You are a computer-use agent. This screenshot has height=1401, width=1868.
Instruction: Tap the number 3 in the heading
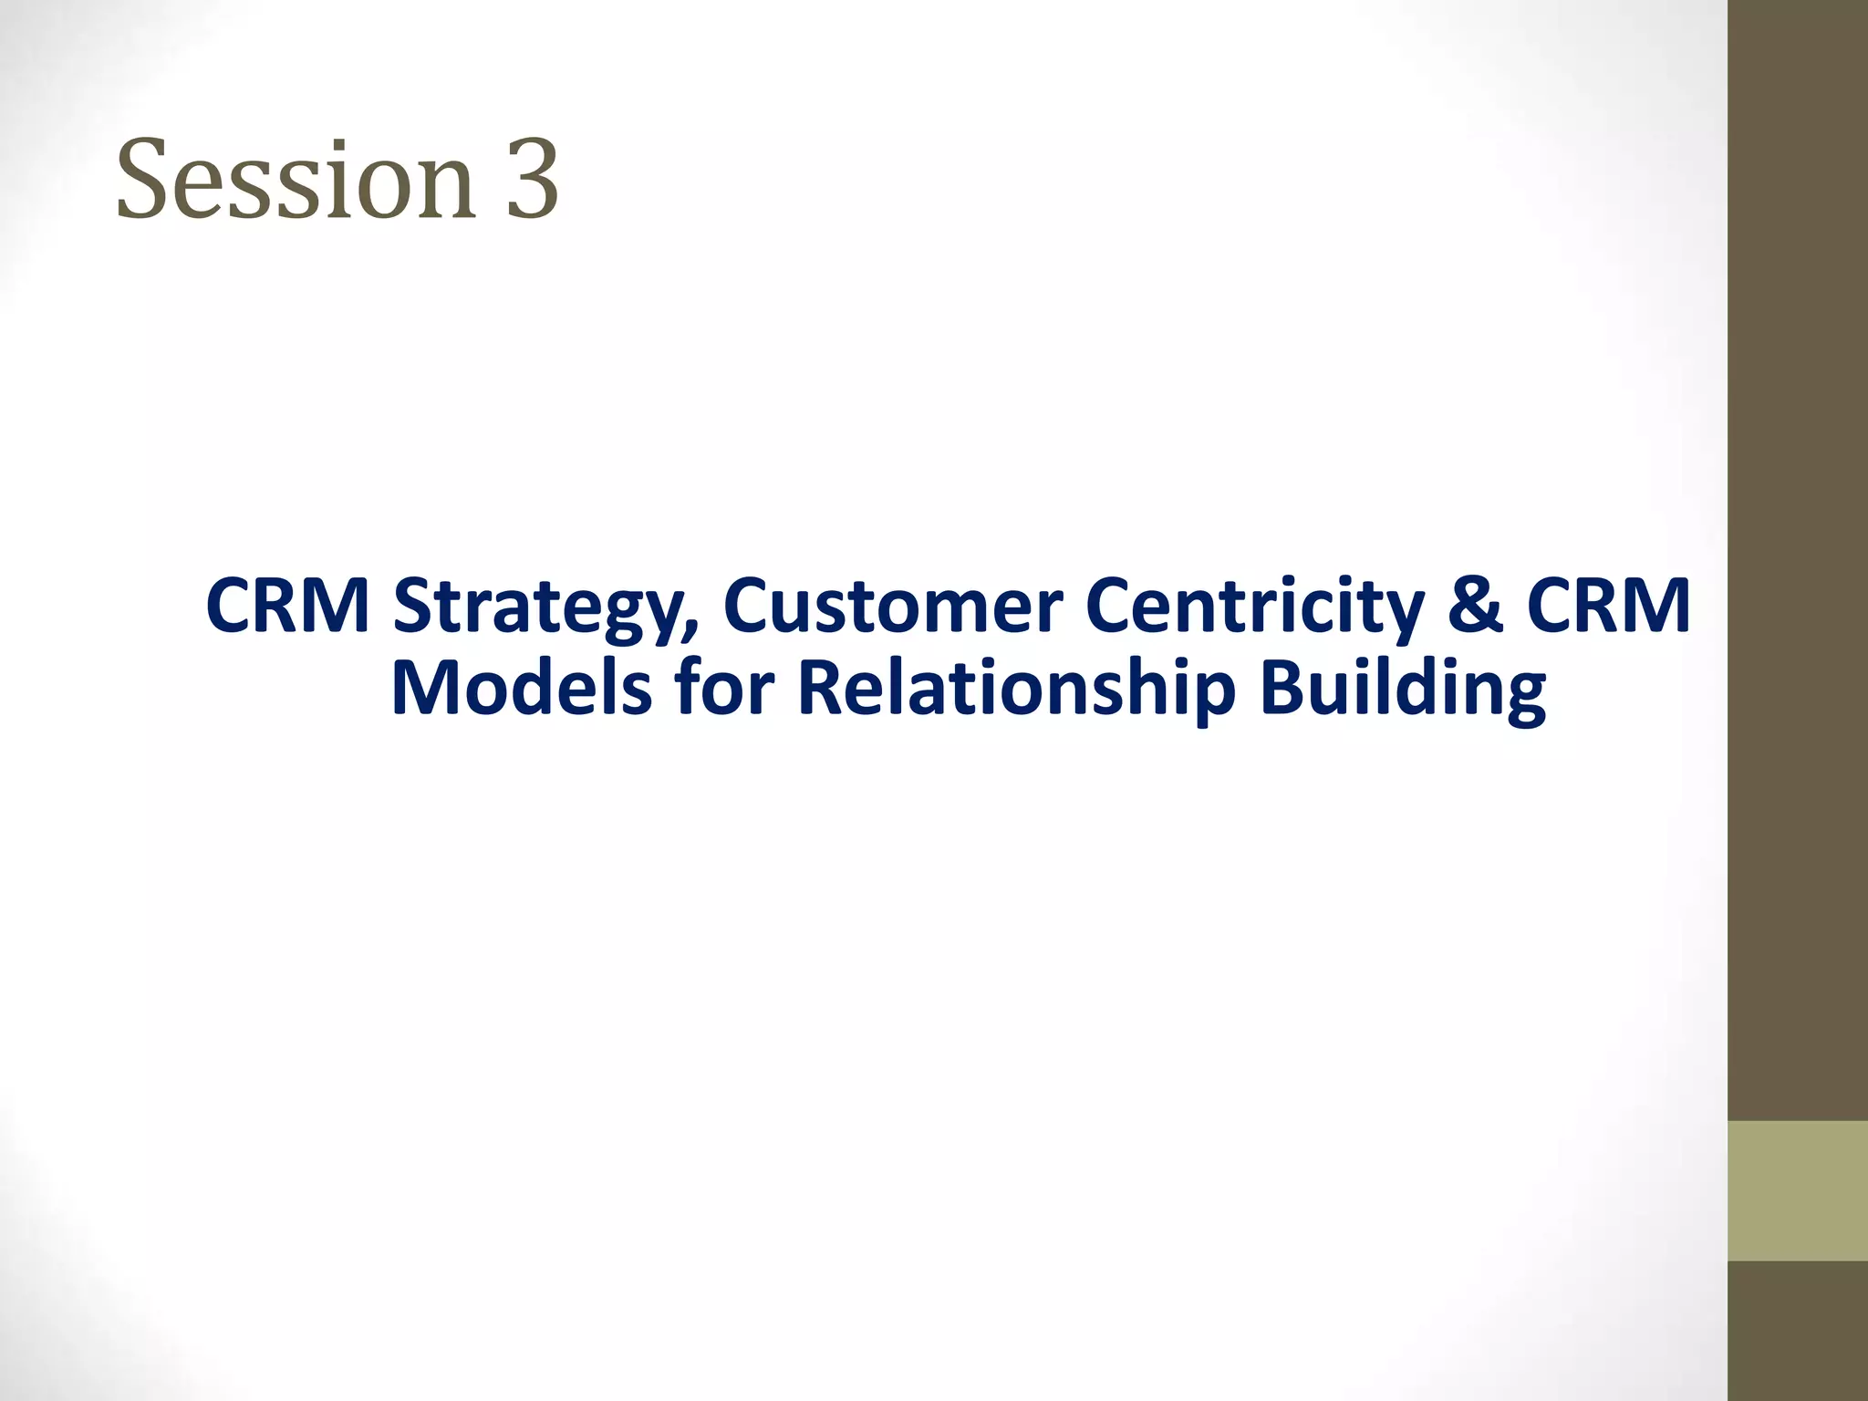pos(531,180)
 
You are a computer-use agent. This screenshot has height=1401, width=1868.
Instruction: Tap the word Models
pos(521,688)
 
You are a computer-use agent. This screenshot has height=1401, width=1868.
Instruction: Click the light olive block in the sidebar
pos(1797,1190)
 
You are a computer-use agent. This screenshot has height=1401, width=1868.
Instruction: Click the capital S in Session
pos(145,180)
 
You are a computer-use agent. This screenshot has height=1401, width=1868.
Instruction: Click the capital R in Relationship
pos(817,688)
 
